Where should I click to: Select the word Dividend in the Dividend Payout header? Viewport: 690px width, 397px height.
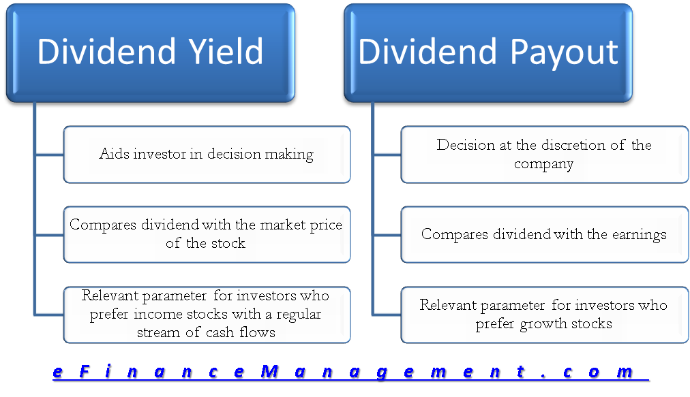tap(425, 52)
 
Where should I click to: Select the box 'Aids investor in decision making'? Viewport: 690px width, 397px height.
tap(207, 155)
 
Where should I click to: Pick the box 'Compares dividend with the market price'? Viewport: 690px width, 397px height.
tap(207, 234)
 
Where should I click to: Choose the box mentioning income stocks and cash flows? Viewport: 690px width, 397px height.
tap(207, 315)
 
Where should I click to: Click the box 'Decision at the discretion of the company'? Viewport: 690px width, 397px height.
tap(544, 155)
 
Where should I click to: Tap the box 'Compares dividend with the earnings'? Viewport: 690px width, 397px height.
tap(544, 235)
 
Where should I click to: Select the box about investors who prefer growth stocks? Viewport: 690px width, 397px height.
tap(544, 315)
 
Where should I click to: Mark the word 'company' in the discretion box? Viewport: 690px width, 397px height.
tap(544, 164)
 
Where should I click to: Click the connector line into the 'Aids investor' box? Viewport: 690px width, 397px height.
tap(49, 155)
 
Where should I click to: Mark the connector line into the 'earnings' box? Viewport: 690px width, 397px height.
tap(387, 235)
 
